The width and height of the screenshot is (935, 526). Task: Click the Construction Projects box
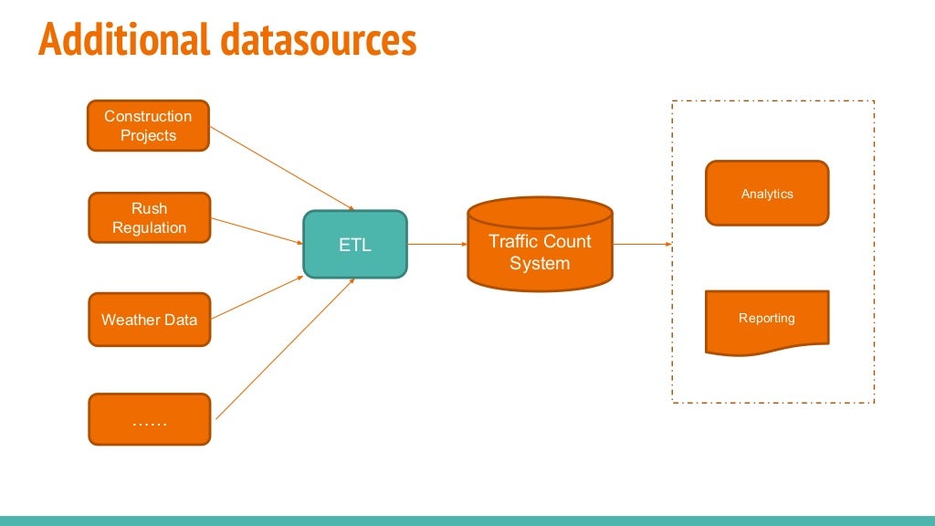[148, 126]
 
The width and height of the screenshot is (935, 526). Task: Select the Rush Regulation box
[149, 218]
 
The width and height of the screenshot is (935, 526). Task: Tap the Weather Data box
[149, 320]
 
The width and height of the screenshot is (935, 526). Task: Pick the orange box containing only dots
[149, 420]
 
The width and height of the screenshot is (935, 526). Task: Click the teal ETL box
[355, 245]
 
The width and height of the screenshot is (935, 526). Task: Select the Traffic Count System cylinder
[540, 247]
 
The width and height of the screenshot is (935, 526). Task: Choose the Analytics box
[767, 194]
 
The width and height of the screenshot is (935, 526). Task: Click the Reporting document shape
[767, 320]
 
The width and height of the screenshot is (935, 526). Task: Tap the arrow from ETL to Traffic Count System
[437, 245]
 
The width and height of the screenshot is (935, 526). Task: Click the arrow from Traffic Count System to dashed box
[642, 245]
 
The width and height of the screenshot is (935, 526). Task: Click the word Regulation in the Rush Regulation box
[149, 228]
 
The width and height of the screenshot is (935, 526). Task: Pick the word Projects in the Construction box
[148, 135]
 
